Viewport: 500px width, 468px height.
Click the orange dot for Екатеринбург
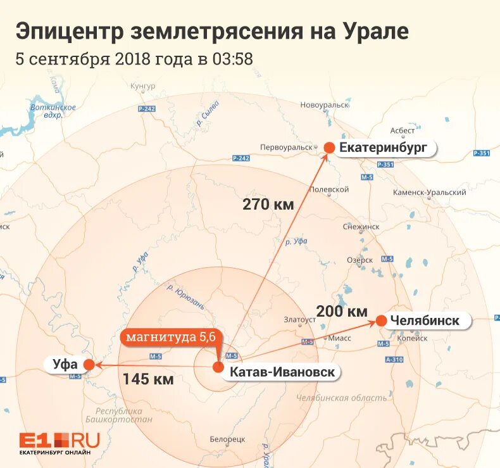point(329,148)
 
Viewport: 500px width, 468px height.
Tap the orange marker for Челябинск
point(382,320)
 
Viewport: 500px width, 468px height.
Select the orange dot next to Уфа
point(89,364)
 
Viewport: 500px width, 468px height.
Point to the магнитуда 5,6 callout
point(170,336)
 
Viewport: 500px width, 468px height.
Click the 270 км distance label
point(268,204)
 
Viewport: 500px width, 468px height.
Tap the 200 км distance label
point(342,311)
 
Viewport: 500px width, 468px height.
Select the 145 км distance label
point(148,379)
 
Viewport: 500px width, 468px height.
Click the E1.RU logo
point(59,442)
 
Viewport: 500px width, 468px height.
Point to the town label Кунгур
point(142,86)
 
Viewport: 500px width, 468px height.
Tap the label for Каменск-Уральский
point(429,193)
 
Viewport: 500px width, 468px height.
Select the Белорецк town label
point(227,439)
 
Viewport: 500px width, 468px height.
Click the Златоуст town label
point(300,320)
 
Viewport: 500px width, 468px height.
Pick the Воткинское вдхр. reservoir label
point(53,111)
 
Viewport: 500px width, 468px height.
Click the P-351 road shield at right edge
point(482,153)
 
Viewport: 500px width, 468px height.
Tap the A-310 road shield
point(394,360)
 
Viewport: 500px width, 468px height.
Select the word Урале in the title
point(377,30)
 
